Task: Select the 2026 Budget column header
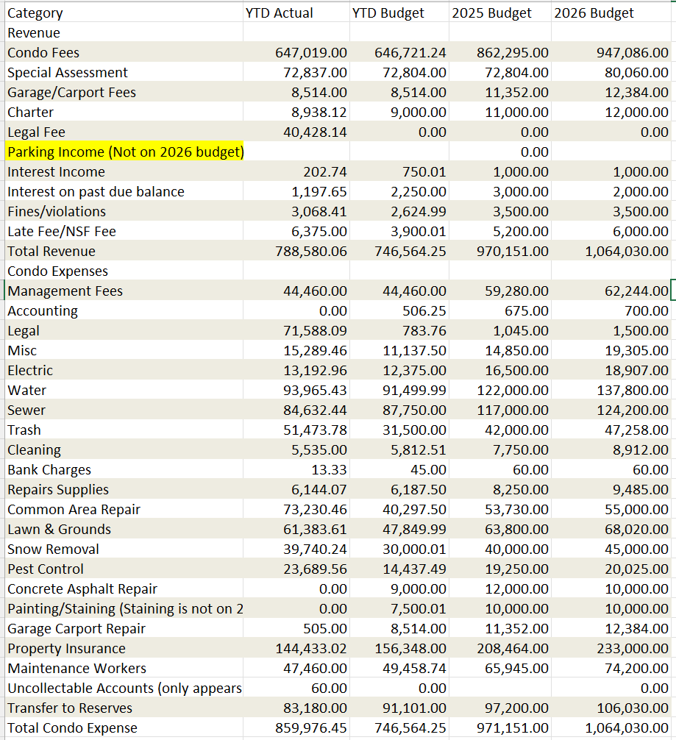point(594,13)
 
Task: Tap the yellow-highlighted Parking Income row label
point(125,152)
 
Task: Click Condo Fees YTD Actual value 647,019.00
point(311,53)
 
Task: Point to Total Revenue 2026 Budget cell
point(627,252)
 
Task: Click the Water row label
point(27,391)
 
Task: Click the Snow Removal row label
point(53,549)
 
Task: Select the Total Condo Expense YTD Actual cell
point(311,728)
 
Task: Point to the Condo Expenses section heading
point(57,271)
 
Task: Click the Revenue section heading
point(34,33)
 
